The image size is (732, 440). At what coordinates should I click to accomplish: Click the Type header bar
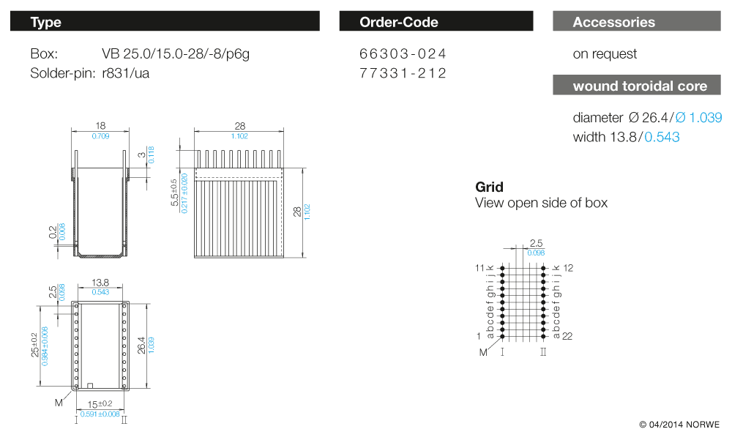165,22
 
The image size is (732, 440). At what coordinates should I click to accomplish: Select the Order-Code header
436,22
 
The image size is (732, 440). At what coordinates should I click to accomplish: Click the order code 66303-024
403,54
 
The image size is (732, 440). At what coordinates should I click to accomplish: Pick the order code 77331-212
403,73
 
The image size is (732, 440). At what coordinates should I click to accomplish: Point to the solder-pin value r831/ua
126,73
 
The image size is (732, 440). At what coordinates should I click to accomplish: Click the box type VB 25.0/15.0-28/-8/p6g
181,54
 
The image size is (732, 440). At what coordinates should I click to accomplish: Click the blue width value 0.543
662,137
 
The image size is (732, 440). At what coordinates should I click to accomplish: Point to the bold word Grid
489,187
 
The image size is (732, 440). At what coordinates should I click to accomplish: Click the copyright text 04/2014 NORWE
679,425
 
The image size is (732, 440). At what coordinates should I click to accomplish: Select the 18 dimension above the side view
101,126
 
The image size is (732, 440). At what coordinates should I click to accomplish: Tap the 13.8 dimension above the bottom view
101,282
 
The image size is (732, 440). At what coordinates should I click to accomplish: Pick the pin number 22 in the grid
567,336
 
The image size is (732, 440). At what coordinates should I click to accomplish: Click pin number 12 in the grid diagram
568,268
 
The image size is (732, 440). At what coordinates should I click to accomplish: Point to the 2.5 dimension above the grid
536,243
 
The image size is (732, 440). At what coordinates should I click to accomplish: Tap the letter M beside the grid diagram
483,353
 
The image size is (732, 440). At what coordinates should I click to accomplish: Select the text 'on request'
605,54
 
